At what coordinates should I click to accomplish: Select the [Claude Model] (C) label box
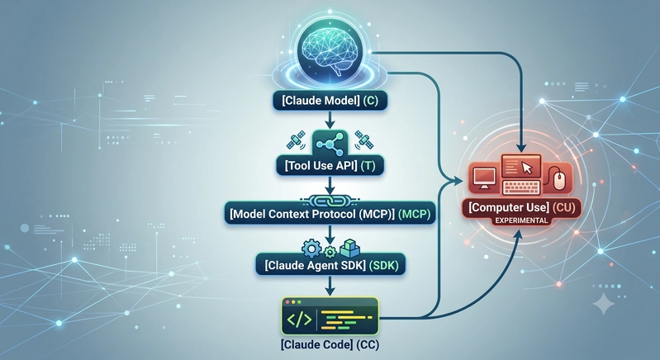point(330,101)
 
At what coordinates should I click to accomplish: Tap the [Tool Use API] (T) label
point(330,165)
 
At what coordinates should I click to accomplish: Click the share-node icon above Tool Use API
point(330,143)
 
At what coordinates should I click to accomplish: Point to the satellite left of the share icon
point(296,140)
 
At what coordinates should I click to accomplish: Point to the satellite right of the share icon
point(363,140)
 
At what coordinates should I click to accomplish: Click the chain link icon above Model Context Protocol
point(330,201)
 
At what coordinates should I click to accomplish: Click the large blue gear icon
point(311,249)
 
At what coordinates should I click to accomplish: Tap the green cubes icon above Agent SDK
point(349,249)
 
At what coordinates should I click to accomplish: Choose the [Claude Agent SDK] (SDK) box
point(330,265)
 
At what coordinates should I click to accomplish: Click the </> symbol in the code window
point(299,320)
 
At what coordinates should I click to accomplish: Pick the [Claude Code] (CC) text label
point(330,345)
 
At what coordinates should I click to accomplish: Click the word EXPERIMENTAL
point(521,220)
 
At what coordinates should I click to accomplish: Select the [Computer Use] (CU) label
point(521,207)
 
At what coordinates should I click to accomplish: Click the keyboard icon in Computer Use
point(521,187)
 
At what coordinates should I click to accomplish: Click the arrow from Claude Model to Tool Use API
point(330,120)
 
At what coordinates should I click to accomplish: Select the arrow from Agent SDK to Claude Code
point(330,286)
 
